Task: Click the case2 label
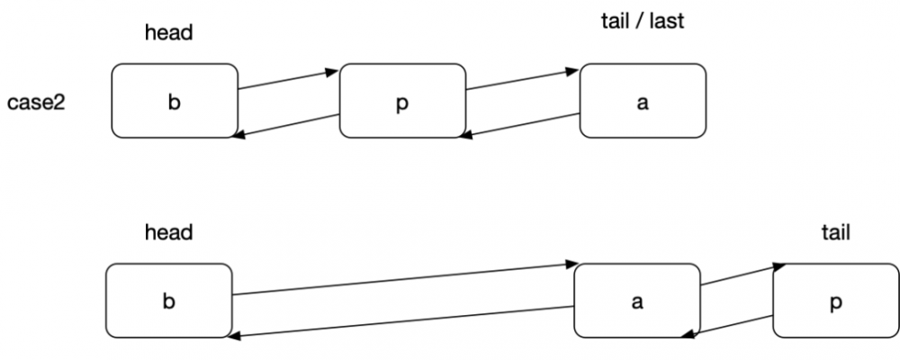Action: [39, 102]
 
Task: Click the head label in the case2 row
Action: [169, 33]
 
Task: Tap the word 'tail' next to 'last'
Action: [616, 21]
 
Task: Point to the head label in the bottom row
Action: [169, 233]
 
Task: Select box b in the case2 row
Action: [174, 101]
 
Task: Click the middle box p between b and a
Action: [402, 101]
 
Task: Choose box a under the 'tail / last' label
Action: [642, 101]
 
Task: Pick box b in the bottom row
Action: [168, 301]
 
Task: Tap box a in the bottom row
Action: [637, 301]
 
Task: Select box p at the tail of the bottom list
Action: [835, 301]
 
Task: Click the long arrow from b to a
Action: [403, 279]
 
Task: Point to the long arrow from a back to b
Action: [403, 321]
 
